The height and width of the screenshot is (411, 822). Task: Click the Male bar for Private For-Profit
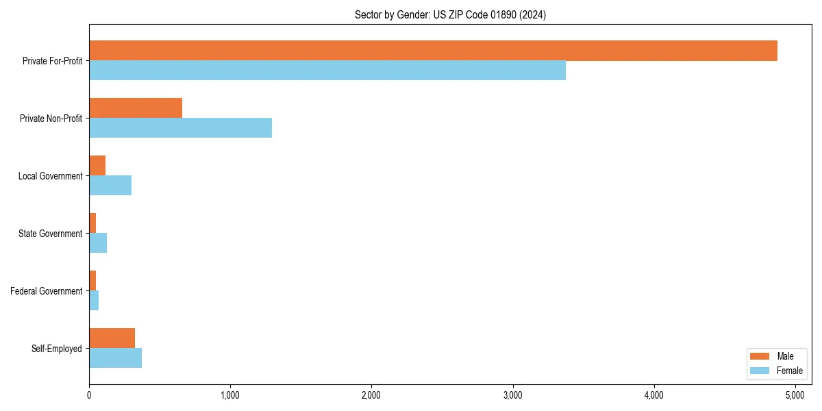tap(433, 51)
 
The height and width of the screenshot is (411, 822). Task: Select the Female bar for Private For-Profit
tap(327, 71)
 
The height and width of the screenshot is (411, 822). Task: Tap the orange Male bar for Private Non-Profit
tap(136, 108)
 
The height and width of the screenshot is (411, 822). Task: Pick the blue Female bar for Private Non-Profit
tap(180, 128)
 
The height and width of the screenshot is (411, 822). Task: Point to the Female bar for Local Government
tap(110, 186)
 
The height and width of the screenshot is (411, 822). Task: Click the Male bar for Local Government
tap(97, 166)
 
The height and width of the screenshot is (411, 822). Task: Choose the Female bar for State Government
tap(98, 243)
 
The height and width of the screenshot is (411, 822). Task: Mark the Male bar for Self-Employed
tap(112, 338)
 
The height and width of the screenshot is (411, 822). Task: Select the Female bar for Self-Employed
tap(115, 358)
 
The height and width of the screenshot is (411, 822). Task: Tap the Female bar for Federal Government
tap(94, 301)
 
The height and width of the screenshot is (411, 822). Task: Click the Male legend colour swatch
tap(760, 356)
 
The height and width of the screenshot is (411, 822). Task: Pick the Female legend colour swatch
tap(760, 371)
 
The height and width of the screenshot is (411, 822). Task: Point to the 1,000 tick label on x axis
tap(230, 395)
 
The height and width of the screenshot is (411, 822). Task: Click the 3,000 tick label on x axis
tap(512, 395)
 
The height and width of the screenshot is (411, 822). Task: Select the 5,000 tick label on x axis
tap(795, 395)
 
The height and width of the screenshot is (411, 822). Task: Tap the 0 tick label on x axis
tap(89, 395)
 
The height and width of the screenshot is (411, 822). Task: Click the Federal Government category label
tap(47, 291)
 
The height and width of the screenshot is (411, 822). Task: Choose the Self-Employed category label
tap(57, 349)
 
